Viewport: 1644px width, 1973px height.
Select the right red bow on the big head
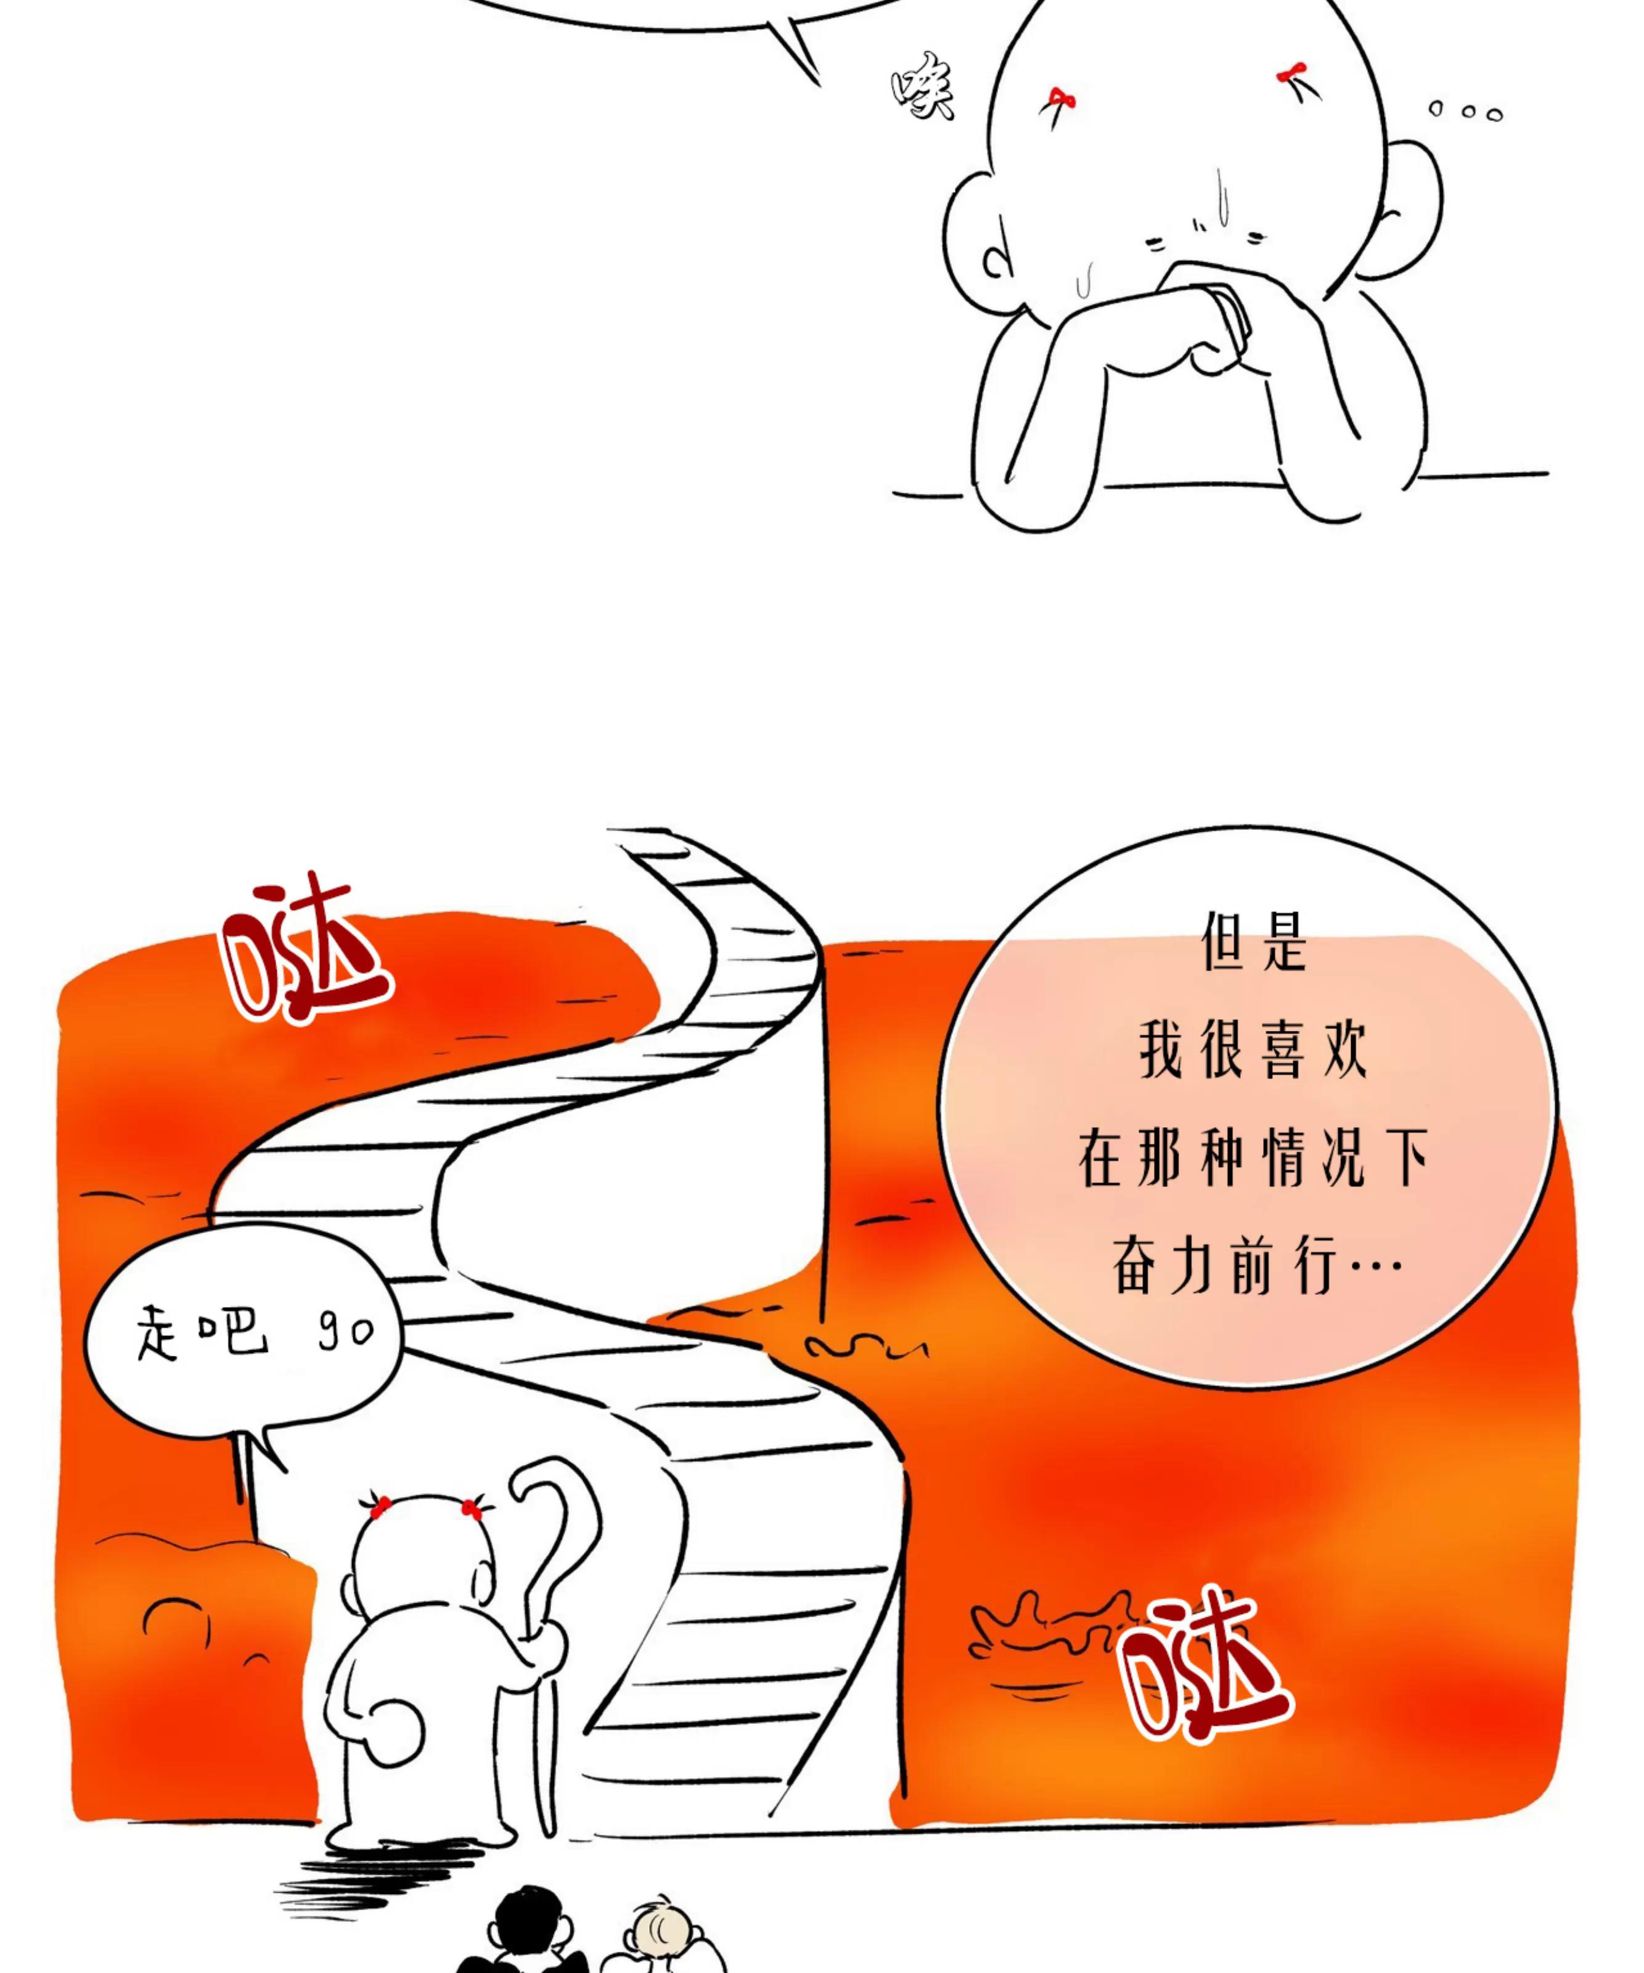tap(1293, 73)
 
